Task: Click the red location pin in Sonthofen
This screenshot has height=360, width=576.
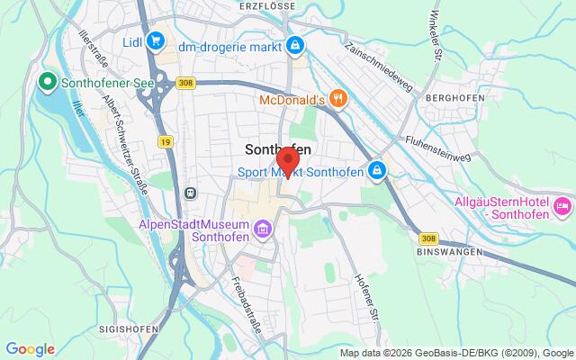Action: pyautogui.click(x=287, y=162)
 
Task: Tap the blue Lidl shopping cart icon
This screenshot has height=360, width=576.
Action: pyautogui.click(x=156, y=40)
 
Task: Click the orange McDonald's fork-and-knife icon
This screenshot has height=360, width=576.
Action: pyautogui.click(x=337, y=98)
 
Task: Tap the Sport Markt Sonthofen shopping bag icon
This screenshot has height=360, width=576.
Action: pyautogui.click(x=379, y=169)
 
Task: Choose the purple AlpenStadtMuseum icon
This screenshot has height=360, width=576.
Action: pyautogui.click(x=262, y=230)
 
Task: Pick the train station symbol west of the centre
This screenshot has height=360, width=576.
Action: pyautogui.click(x=190, y=192)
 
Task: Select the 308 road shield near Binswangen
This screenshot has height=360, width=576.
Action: pyautogui.click(x=428, y=238)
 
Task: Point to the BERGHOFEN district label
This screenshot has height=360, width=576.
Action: pyautogui.click(x=455, y=98)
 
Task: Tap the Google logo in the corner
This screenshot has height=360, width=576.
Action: pyautogui.click(x=31, y=349)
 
